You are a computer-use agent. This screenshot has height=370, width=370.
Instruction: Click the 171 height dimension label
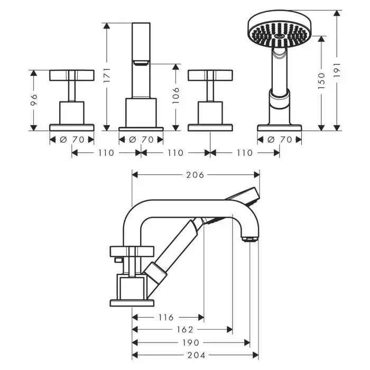point(107,75)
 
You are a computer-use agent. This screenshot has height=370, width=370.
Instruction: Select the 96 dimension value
point(34,99)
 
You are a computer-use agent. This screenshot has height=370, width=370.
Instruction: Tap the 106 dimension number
point(176,95)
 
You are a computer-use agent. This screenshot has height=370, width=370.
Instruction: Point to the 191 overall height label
point(337,70)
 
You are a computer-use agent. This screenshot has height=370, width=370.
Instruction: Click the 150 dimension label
point(321,81)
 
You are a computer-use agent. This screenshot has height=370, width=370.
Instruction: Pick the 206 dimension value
point(195,175)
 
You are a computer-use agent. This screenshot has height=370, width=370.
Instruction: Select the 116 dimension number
point(166,317)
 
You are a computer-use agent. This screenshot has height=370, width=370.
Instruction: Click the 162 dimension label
point(185,329)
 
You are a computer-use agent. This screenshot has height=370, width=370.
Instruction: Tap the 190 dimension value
point(191,343)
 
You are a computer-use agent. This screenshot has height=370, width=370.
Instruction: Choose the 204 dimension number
point(196,355)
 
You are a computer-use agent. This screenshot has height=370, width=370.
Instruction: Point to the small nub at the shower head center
point(280,36)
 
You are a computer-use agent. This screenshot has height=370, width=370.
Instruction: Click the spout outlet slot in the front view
point(141,62)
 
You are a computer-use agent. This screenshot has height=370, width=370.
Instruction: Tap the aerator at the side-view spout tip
point(250,239)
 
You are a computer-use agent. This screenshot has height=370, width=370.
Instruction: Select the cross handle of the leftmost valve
point(72,75)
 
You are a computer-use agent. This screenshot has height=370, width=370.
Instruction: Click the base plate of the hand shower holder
point(280,128)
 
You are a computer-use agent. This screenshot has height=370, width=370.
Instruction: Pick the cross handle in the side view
point(132,252)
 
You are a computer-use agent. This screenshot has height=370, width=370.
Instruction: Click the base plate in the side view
point(132,303)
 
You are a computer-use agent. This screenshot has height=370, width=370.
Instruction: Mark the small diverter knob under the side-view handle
point(118,260)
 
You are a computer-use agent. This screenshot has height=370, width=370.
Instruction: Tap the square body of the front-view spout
point(141,113)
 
